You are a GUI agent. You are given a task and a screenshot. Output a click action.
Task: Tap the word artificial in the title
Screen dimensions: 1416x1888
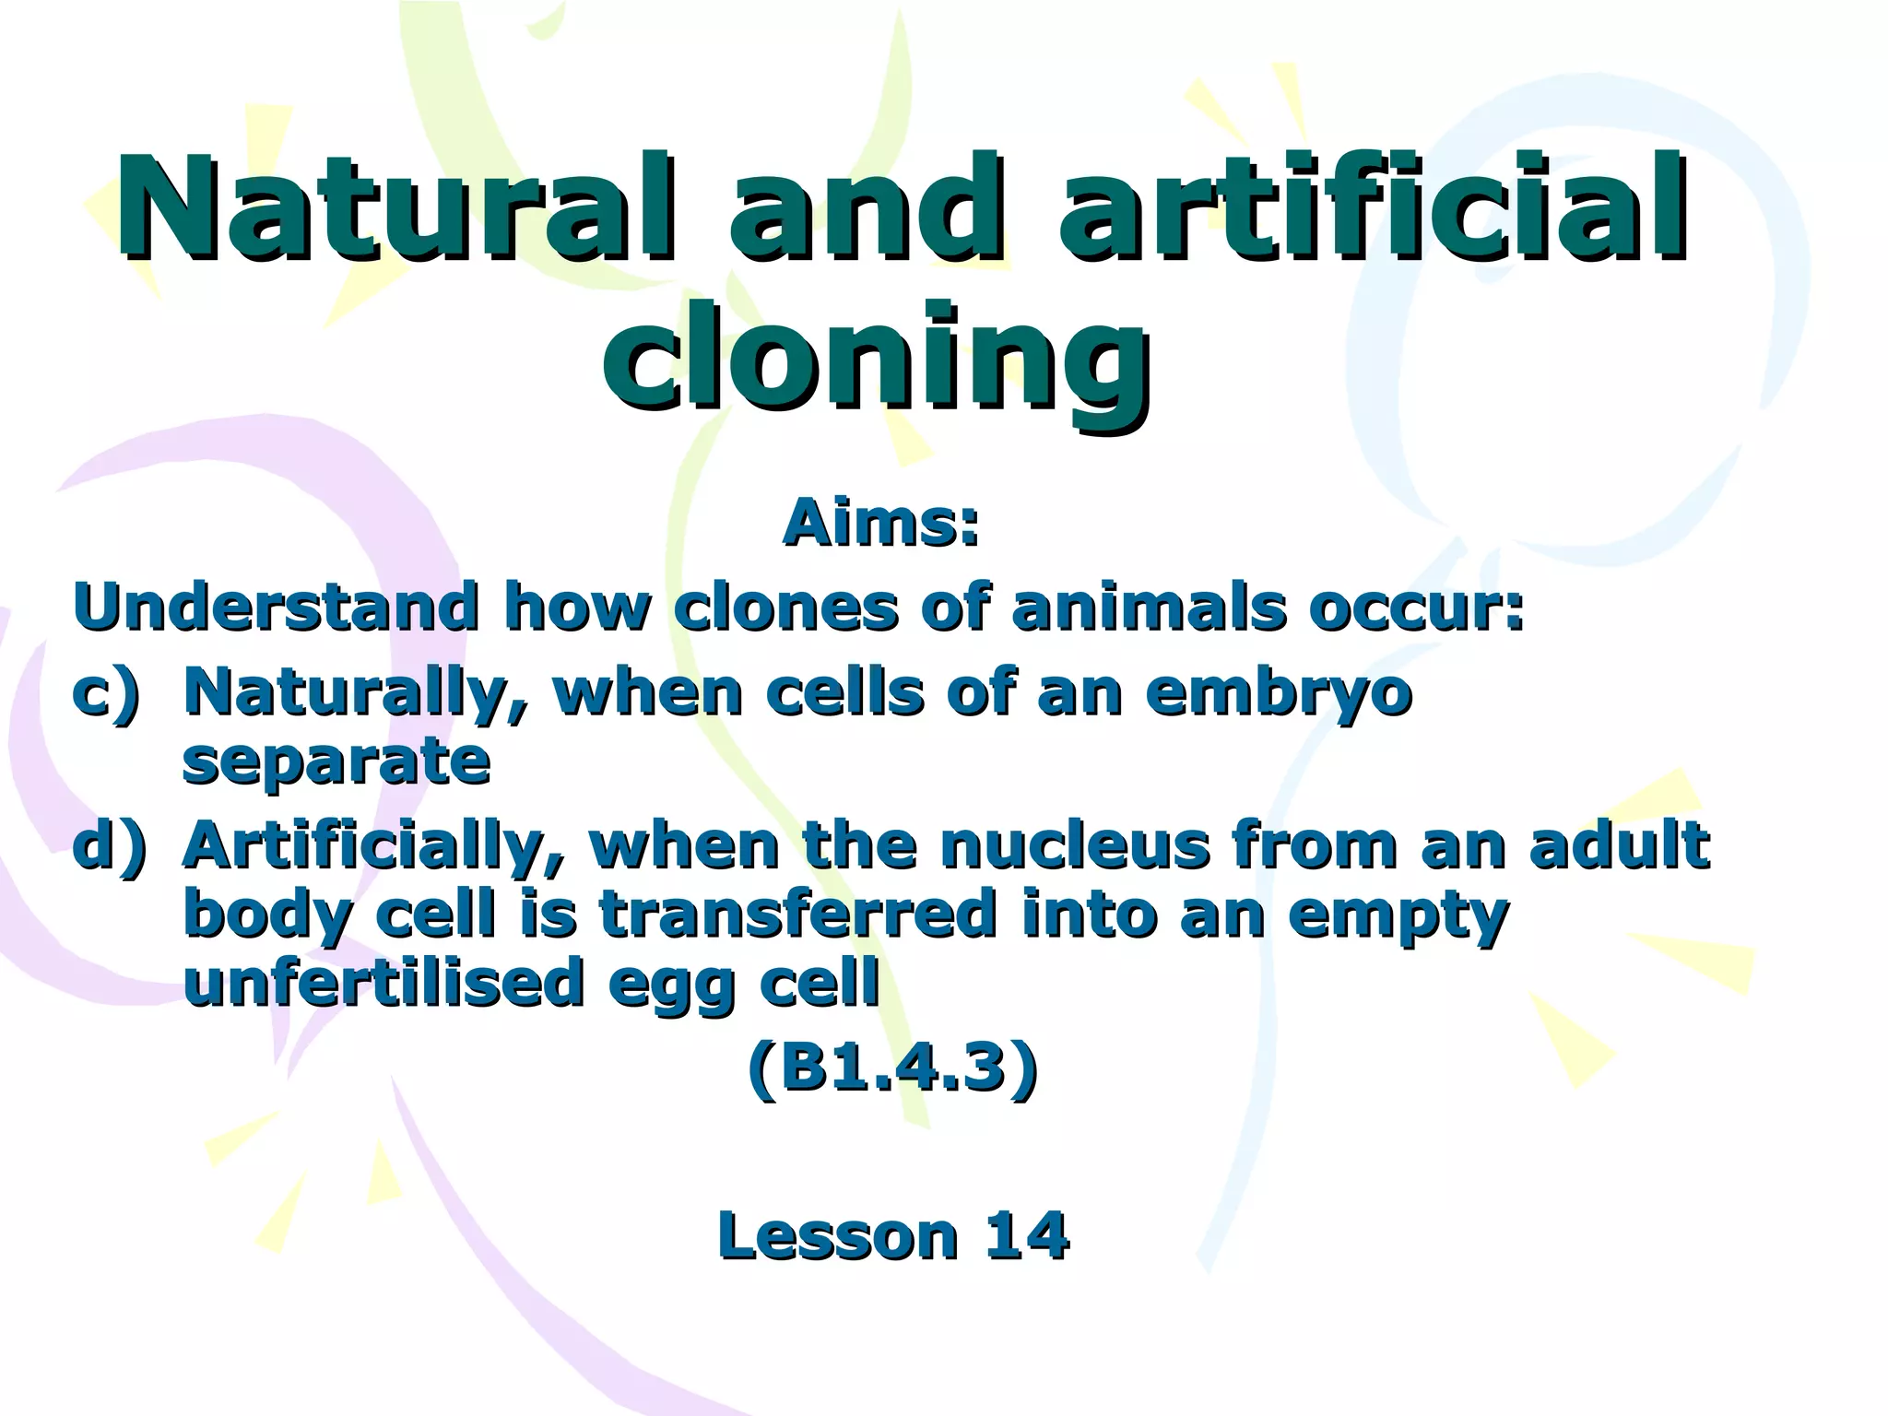pos(1374,210)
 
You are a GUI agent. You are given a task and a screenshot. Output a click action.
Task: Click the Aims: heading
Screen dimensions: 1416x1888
pos(880,524)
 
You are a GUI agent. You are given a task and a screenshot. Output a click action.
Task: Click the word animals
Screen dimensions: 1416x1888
pos(1148,608)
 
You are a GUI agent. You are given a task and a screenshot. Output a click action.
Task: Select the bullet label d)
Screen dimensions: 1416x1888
pos(110,845)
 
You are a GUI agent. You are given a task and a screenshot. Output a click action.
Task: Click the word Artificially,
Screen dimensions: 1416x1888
pos(373,845)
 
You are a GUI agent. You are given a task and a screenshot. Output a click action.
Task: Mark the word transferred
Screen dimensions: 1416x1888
pos(798,914)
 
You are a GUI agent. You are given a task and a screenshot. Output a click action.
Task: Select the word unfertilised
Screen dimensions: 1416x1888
pos(383,983)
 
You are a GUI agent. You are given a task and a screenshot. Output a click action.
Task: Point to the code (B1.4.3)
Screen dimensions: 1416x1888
pos(892,1069)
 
